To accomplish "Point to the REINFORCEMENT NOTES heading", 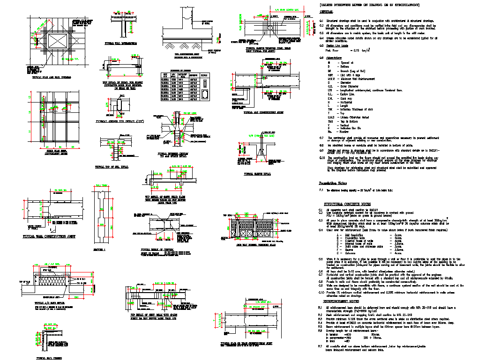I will click(x=339, y=302).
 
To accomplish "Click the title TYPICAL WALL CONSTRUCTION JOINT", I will click(x=49, y=237).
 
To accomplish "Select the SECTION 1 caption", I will click(x=100, y=250).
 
